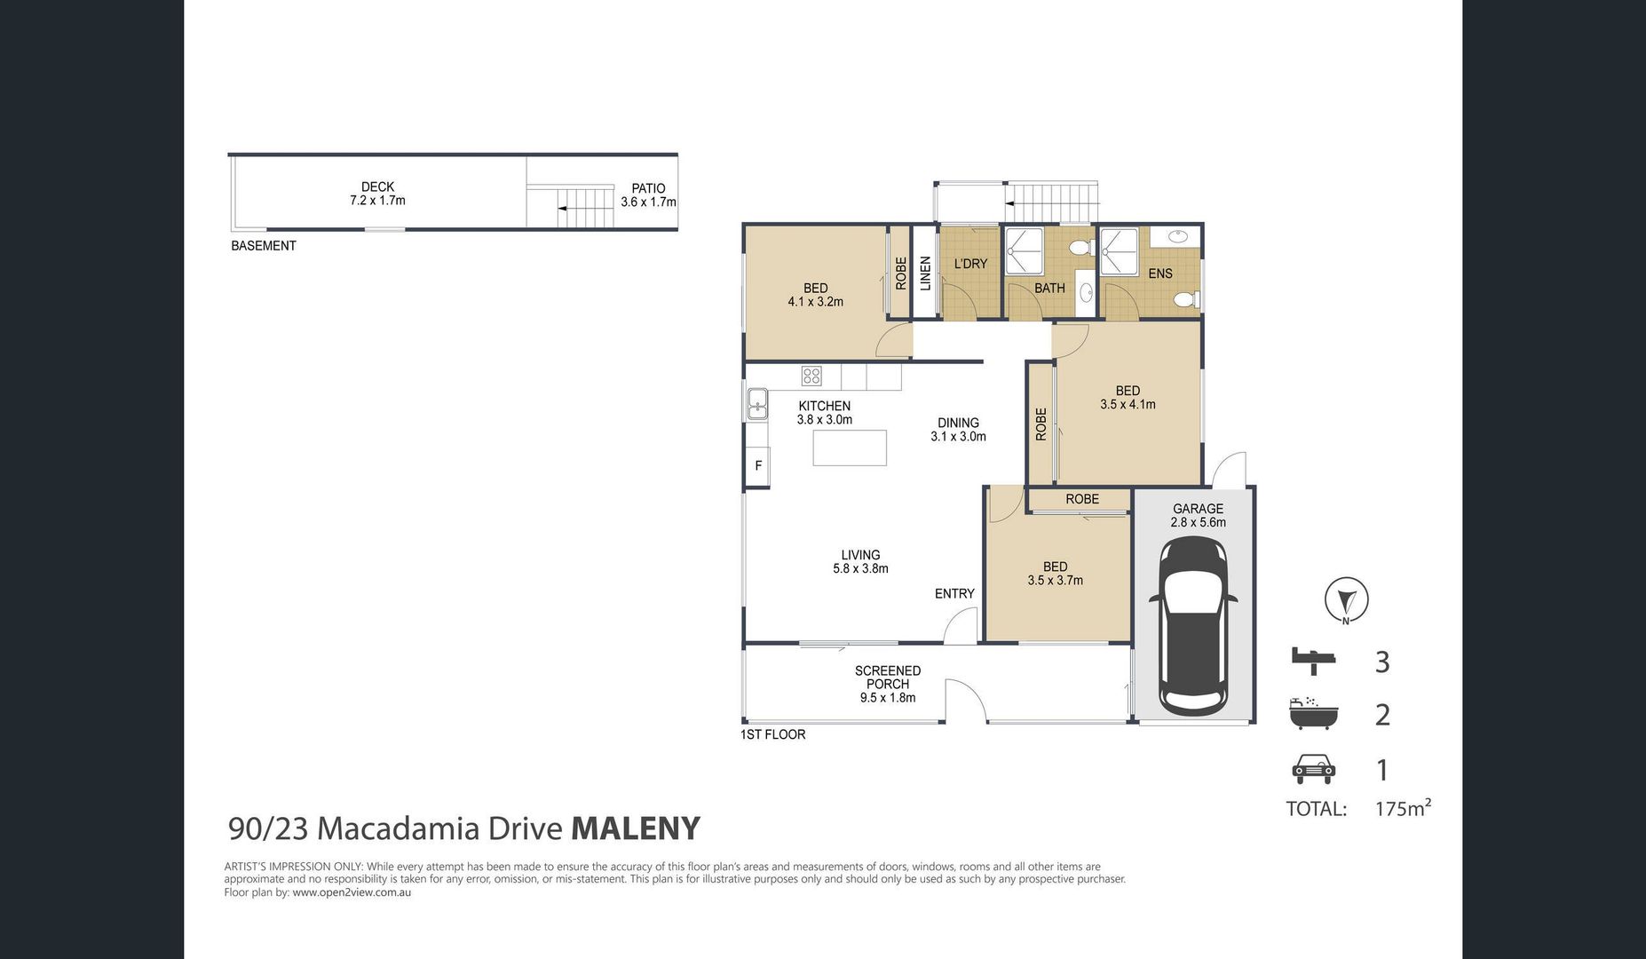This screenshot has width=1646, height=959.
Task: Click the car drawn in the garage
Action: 1193,626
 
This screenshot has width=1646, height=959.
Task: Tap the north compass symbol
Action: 1346,600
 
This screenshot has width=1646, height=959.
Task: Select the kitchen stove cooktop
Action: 811,376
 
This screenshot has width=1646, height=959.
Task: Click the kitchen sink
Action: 757,404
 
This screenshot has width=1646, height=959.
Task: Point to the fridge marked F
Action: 757,465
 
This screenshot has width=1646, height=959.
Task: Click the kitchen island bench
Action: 850,448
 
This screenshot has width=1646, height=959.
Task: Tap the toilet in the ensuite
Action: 1187,300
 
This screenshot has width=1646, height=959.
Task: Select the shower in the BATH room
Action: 1024,250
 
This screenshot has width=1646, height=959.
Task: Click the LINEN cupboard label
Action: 925,273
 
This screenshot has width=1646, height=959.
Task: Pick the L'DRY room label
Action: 970,264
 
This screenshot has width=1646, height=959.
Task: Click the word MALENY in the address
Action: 636,828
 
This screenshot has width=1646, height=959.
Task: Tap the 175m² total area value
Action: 1403,808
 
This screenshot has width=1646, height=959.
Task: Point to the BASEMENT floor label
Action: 264,246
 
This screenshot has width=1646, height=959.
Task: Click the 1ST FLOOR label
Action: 773,734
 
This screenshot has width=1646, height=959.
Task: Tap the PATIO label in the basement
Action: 648,188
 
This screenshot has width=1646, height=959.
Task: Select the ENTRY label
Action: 954,593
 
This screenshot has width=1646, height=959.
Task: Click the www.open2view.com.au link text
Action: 352,892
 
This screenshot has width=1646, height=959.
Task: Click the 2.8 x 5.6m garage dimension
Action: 1198,522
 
